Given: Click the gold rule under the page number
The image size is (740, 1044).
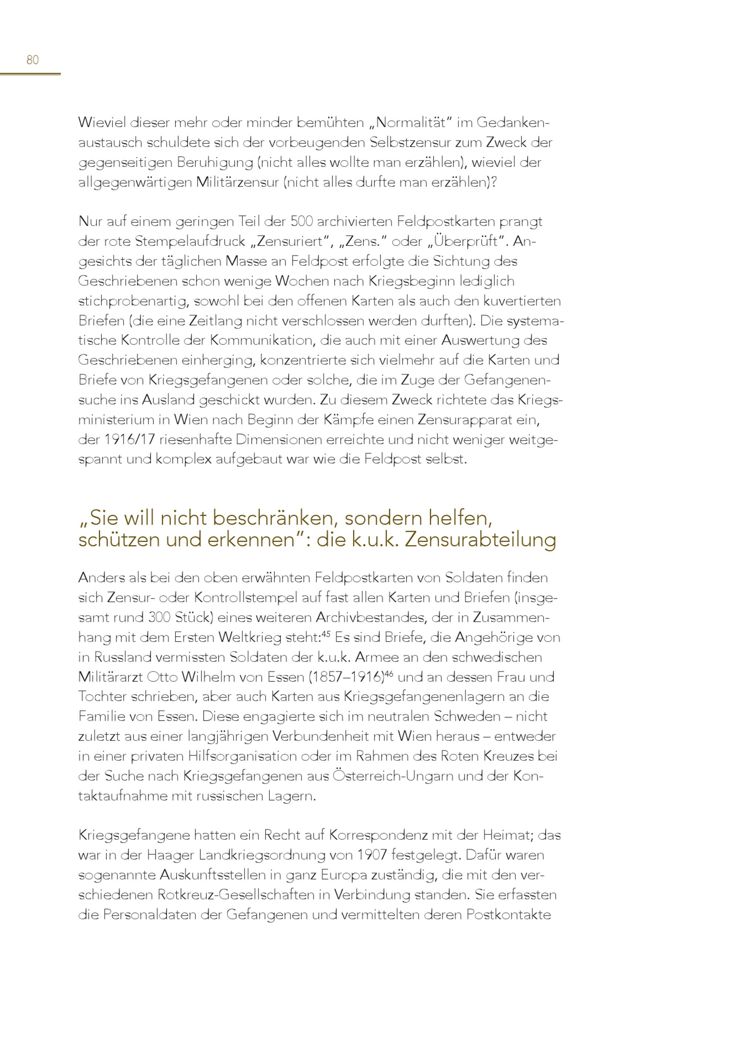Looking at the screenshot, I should coord(30,74).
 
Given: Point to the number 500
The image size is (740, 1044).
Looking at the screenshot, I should coord(301,222).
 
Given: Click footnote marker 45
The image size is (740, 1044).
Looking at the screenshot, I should coord(326,634).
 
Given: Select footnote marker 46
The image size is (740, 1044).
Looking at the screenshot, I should coord(388,673).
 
